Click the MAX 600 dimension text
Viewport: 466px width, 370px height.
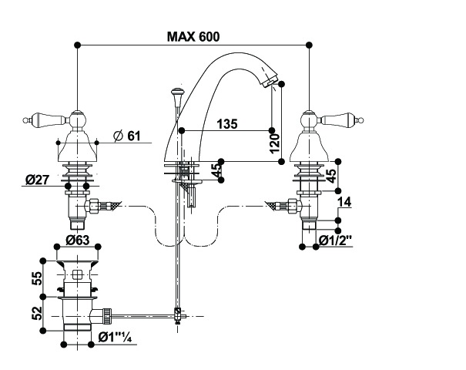pos(193,36)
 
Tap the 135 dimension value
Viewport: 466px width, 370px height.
pos(227,123)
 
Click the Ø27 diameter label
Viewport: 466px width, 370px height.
pos(39,180)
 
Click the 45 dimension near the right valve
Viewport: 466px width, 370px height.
pos(330,175)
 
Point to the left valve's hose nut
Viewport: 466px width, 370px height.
pos(99,207)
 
